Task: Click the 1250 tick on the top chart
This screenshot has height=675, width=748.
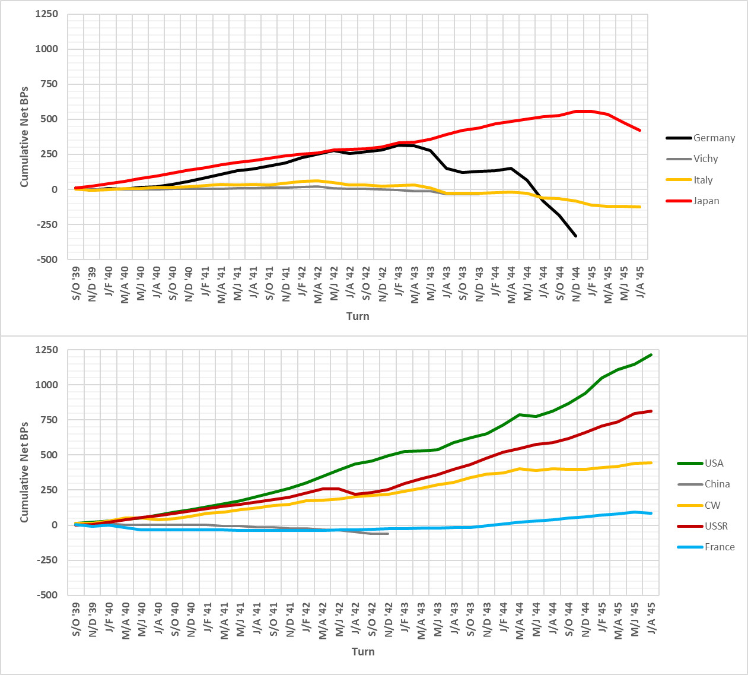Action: [x=47, y=14]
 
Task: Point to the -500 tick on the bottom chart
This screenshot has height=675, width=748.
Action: [x=47, y=595]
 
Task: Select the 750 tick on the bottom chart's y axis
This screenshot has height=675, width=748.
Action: [x=49, y=420]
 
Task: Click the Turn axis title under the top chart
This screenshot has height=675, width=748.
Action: [x=358, y=316]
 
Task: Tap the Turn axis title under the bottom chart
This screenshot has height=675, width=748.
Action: [x=363, y=652]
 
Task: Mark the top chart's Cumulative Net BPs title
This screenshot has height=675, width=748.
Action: [x=24, y=137]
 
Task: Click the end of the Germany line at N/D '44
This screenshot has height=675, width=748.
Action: [x=575, y=236]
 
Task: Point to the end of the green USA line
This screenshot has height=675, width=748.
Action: [x=651, y=354]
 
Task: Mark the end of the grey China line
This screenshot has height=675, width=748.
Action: [x=388, y=534]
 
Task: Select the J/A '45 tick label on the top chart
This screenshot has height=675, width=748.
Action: [x=641, y=283]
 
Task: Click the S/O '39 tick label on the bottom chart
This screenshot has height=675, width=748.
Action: [x=76, y=619]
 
